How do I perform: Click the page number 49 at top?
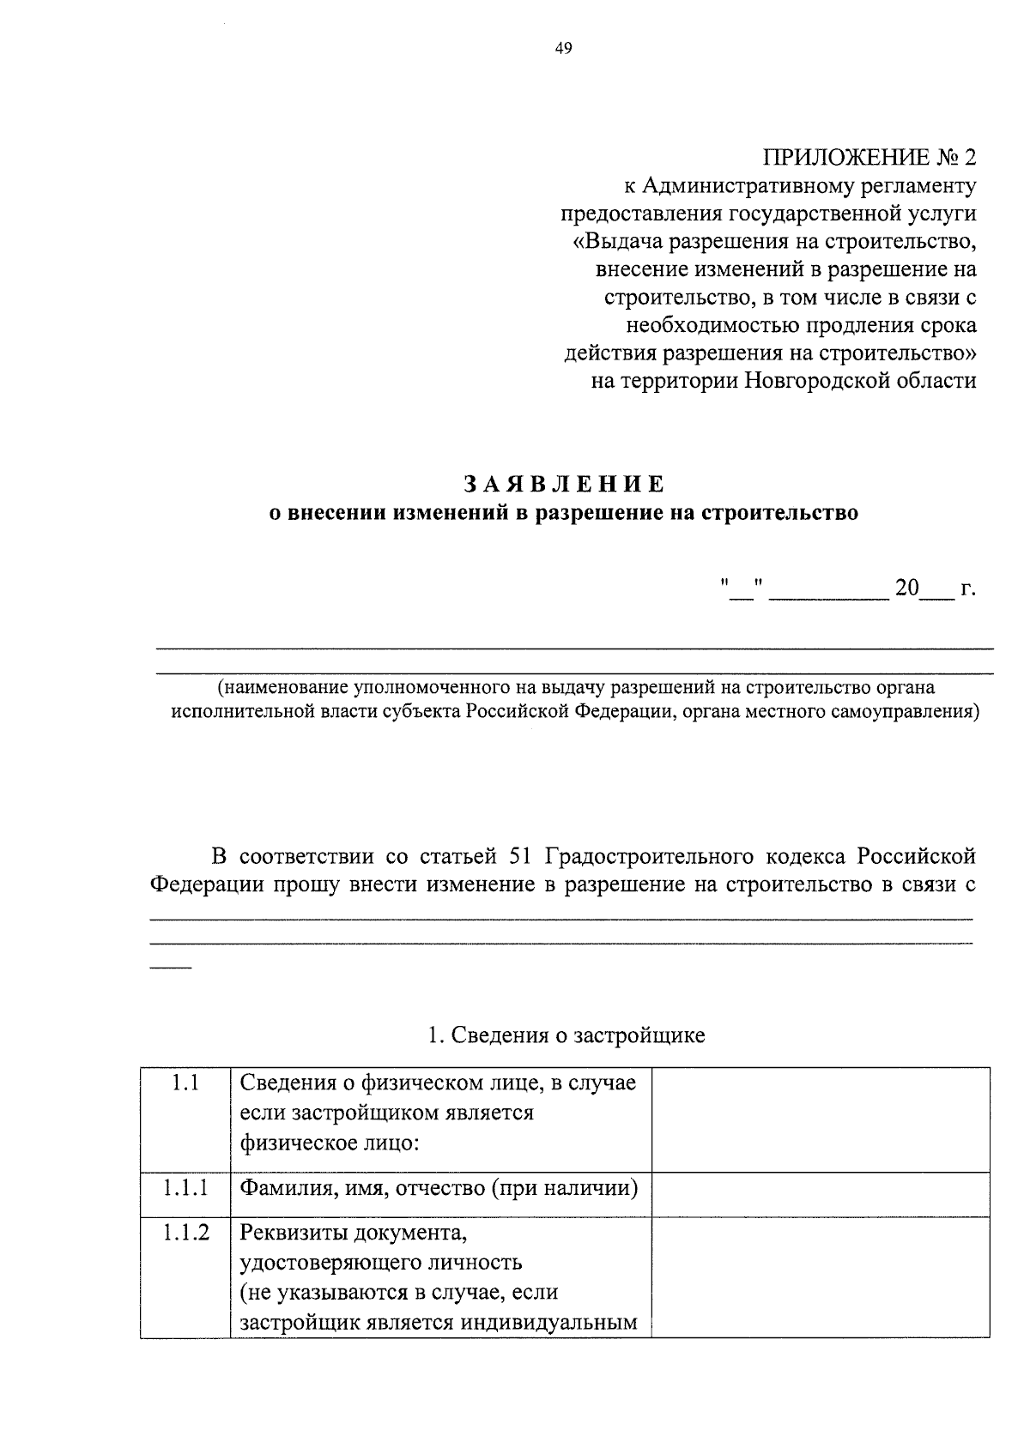tap(563, 48)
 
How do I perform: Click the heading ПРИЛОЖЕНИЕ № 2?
tap(869, 158)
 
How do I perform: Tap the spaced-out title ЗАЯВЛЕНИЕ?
tap(564, 484)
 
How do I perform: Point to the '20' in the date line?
tap(906, 588)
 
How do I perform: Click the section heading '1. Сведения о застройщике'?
tap(566, 1035)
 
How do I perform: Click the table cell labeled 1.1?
tap(185, 1083)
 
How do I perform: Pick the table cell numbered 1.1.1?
tap(185, 1188)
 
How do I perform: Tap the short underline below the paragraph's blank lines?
tap(171, 968)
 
